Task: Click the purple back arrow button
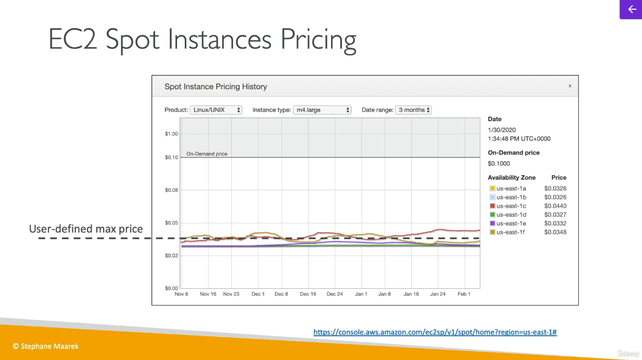tap(631, 9)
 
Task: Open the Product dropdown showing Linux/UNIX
tap(216, 110)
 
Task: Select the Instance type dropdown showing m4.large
tap(322, 110)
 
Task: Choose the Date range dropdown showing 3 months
tap(414, 110)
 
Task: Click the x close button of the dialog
tap(570, 86)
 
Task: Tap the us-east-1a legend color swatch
tap(492, 188)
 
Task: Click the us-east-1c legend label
tap(511, 206)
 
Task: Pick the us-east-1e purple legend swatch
tap(492, 223)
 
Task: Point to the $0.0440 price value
tap(555, 206)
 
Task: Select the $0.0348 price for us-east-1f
tap(555, 232)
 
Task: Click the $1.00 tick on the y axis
tap(171, 134)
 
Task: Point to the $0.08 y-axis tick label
tap(171, 190)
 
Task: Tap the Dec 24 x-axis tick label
tap(335, 294)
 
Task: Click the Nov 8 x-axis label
tap(182, 294)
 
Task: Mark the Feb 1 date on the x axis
tap(464, 294)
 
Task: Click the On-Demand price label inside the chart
tap(206, 154)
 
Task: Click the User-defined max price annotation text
tap(86, 229)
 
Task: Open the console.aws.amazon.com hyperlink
tap(435, 332)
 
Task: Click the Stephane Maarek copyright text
tap(46, 346)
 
